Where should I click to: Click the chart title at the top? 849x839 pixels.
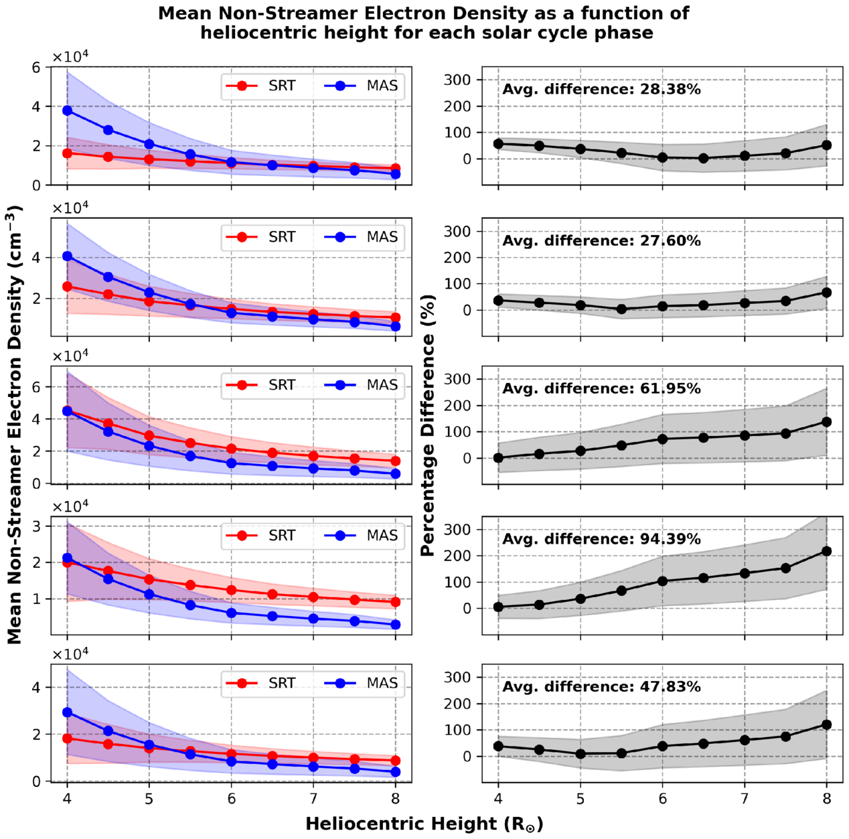(x=424, y=23)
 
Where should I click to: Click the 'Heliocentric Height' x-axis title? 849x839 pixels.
(x=424, y=824)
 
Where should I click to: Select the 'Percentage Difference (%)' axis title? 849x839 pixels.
(x=429, y=426)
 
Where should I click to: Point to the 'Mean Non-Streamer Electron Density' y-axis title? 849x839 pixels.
(x=15, y=426)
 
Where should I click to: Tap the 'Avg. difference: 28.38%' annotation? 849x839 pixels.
(x=601, y=90)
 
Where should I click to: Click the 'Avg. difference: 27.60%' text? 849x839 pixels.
(x=601, y=241)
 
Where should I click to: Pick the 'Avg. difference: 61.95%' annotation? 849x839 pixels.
(x=601, y=389)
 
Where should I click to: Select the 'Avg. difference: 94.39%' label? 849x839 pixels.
(x=601, y=540)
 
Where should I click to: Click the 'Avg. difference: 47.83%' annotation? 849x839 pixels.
(x=601, y=687)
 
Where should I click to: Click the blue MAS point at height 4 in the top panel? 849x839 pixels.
(x=67, y=110)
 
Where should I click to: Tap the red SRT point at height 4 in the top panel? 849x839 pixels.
(x=67, y=153)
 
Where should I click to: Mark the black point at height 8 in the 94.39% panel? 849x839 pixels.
(x=826, y=551)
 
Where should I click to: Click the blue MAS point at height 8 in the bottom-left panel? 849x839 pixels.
(x=396, y=772)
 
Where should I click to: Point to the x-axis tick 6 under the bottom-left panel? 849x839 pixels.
(x=232, y=799)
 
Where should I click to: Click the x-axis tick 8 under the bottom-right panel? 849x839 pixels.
(x=826, y=799)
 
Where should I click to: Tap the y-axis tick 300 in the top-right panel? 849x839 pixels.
(x=459, y=80)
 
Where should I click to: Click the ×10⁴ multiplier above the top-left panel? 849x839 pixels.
(x=70, y=57)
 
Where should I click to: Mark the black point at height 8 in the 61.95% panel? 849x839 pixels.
(x=826, y=422)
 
